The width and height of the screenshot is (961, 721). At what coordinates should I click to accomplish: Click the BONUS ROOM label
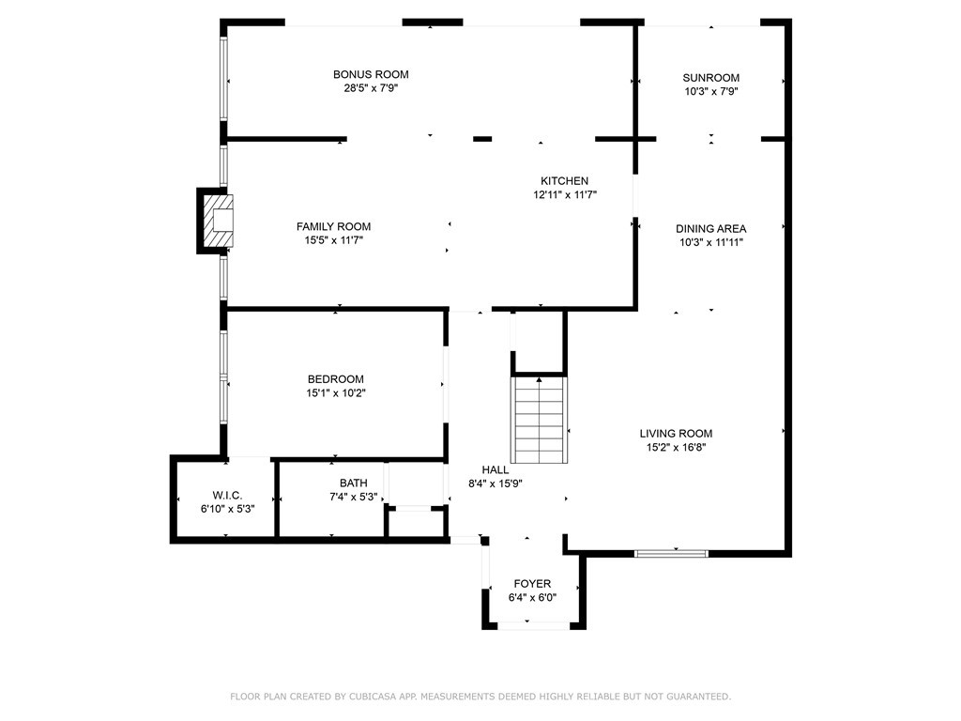371,74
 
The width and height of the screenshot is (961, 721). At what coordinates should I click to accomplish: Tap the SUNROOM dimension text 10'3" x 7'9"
711,91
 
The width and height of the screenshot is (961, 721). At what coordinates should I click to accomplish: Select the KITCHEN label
564,181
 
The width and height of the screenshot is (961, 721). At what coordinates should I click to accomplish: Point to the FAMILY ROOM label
333,226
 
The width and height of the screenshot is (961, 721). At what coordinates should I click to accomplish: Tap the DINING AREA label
711,229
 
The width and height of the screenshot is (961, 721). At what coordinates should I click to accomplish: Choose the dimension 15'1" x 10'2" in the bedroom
336,393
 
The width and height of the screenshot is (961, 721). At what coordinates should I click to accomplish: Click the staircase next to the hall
540,420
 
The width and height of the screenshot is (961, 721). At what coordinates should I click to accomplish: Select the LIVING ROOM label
676,434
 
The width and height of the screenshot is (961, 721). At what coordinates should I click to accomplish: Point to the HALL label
496,469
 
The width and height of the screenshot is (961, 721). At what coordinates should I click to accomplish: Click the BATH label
354,483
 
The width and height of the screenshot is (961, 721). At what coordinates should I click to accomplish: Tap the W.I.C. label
227,496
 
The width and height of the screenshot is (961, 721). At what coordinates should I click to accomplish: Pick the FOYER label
532,584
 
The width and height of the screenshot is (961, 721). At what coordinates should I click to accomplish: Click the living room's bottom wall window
671,554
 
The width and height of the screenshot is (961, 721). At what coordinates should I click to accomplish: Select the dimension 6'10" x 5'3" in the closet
227,509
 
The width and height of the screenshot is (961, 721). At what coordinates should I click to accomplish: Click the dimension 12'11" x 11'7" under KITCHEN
564,195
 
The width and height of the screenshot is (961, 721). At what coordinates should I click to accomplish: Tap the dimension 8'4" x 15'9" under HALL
496,483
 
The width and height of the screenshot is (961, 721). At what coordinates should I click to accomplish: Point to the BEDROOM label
336,379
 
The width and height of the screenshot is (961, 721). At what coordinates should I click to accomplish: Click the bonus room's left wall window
223,79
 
